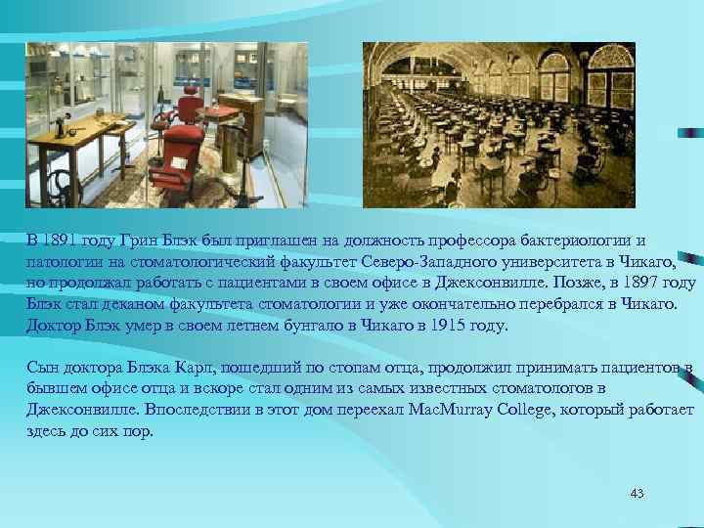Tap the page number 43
[x=638, y=493]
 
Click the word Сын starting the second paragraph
[x=43, y=368]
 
